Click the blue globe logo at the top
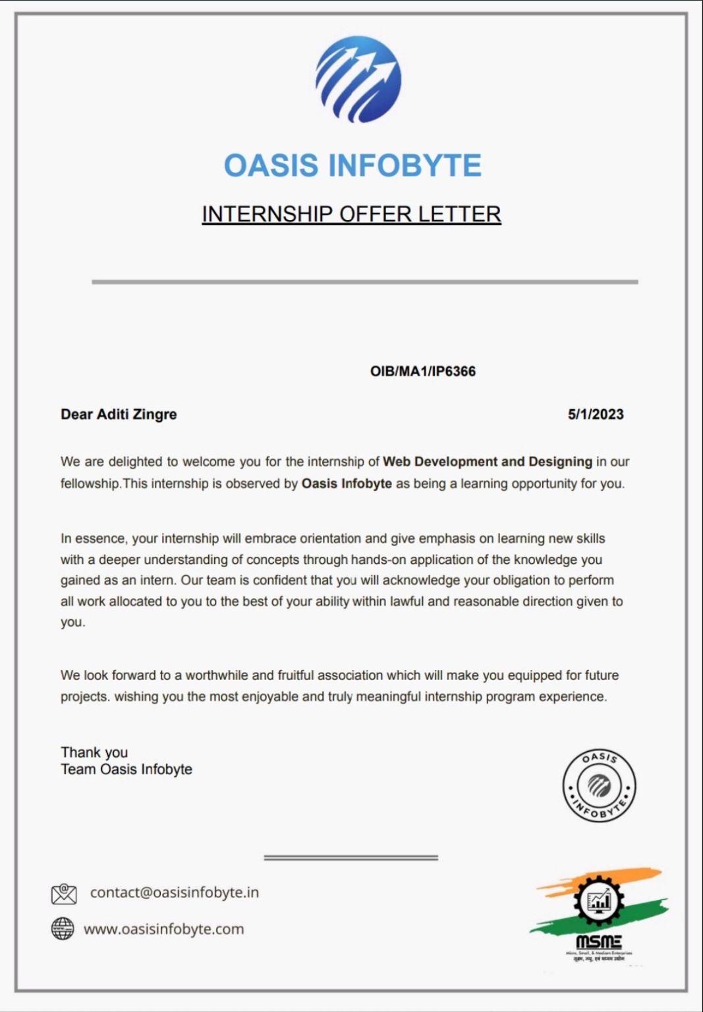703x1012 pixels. [x=358, y=79]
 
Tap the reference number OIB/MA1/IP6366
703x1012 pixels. [x=422, y=372]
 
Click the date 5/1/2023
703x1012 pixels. [x=596, y=414]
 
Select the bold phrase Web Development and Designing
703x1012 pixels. [x=487, y=462]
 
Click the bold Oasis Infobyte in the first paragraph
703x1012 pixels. [x=347, y=484]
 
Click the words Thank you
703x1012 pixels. [x=94, y=752]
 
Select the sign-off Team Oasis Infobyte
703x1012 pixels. [x=127, y=770]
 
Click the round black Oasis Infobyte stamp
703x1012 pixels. [x=599, y=785]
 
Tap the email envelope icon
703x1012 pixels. [x=64, y=893]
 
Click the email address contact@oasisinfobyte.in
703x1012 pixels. [x=175, y=893]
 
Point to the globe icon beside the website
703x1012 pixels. [x=63, y=929]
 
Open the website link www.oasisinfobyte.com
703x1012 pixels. [x=163, y=929]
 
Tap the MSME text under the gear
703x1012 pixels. [x=598, y=942]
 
